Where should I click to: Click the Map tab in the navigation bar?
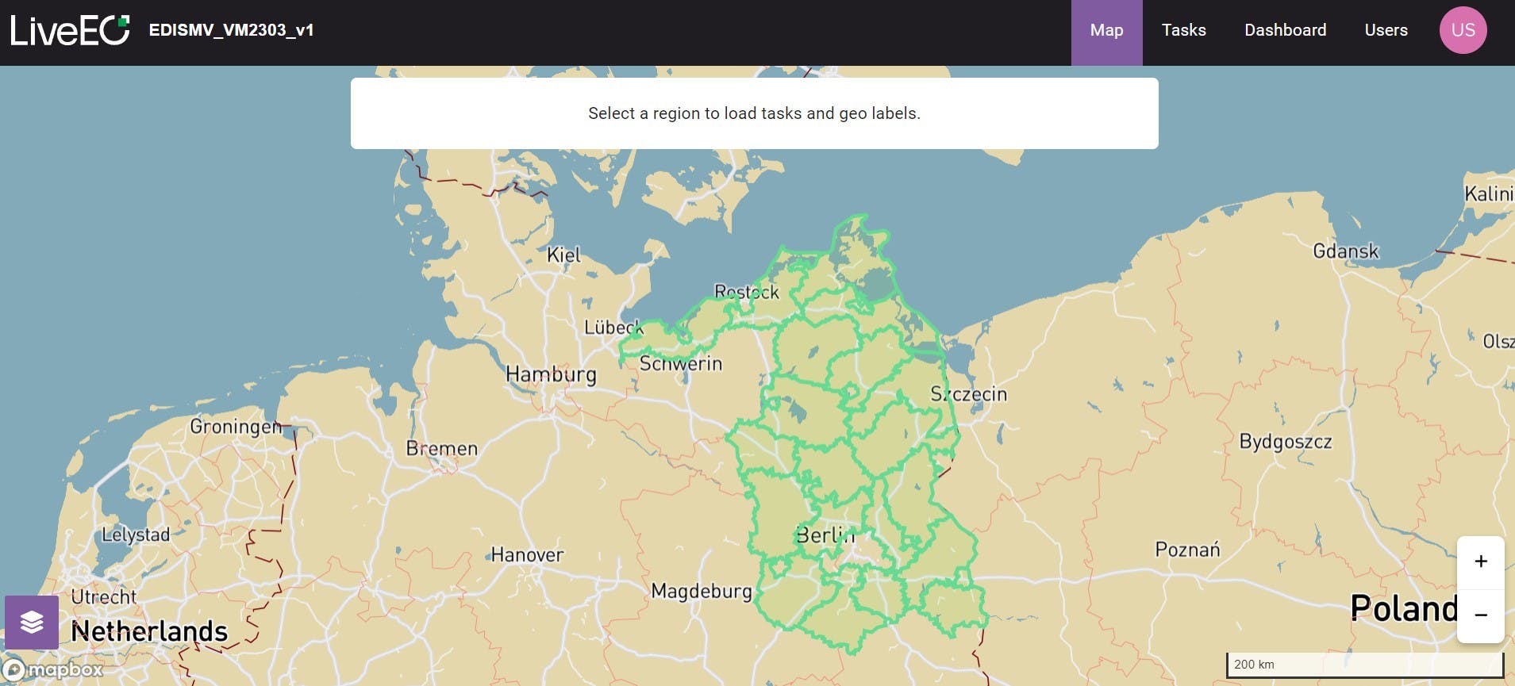coord(1106,31)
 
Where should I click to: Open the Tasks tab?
coord(1183,31)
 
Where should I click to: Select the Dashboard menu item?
coord(1285,31)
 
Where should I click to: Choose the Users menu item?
coord(1386,31)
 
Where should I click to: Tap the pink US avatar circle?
coord(1463,31)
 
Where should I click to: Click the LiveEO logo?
coord(70,31)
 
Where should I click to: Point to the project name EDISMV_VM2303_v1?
coord(231,31)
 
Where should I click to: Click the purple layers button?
coord(32,623)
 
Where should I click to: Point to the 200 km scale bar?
coord(1364,665)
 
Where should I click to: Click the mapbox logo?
coord(54,670)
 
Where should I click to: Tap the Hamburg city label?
coord(551,374)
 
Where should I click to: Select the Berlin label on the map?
coord(825,535)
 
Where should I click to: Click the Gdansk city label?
coord(1345,252)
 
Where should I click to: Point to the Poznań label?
coord(1187,550)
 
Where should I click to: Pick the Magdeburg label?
coord(702,591)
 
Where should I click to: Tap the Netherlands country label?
coord(149,631)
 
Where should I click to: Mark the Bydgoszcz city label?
coord(1285,442)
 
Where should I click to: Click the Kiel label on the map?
coord(563,255)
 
